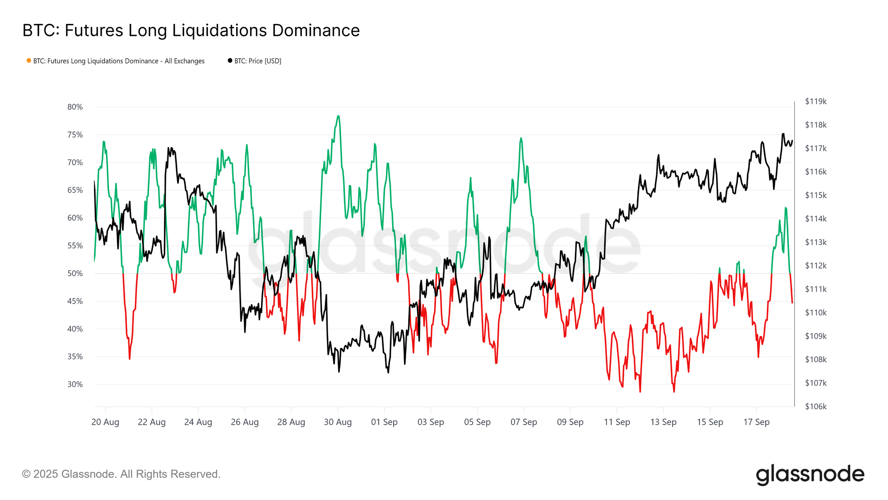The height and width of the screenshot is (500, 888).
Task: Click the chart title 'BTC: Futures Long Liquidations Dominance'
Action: pyautogui.click(x=191, y=31)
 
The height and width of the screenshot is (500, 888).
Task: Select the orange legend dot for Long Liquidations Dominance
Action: pyautogui.click(x=29, y=60)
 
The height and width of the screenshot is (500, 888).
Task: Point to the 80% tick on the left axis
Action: pyautogui.click(x=75, y=107)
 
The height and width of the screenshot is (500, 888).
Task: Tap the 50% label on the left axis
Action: pyautogui.click(x=75, y=273)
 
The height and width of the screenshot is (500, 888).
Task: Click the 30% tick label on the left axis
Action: pyautogui.click(x=75, y=384)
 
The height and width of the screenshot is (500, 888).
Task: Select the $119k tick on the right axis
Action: pyautogui.click(x=816, y=101)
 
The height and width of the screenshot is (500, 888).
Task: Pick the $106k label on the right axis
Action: pyautogui.click(x=816, y=407)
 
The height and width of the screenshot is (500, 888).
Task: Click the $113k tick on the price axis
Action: pyautogui.click(x=816, y=242)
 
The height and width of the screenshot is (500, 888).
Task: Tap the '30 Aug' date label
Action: pyautogui.click(x=337, y=422)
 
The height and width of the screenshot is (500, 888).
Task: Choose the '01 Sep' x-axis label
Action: pyautogui.click(x=384, y=422)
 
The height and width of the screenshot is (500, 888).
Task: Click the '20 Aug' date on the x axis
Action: pyautogui.click(x=105, y=422)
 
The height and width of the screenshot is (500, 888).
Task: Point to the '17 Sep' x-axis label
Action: pyautogui.click(x=756, y=422)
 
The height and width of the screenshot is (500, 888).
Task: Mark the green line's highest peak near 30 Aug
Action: pyautogui.click(x=338, y=116)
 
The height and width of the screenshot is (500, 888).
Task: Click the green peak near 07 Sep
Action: pyautogui.click(x=521, y=138)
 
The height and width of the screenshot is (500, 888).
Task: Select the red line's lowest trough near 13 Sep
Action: pyautogui.click(x=674, y=392)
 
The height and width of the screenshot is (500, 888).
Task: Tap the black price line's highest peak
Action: pyautogui.click(x=783, y=134)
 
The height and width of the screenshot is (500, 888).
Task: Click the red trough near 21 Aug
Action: pyautogui.click(x=130, y=358)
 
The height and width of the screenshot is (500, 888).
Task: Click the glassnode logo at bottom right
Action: pyautogui.click(x=810, y=474)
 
